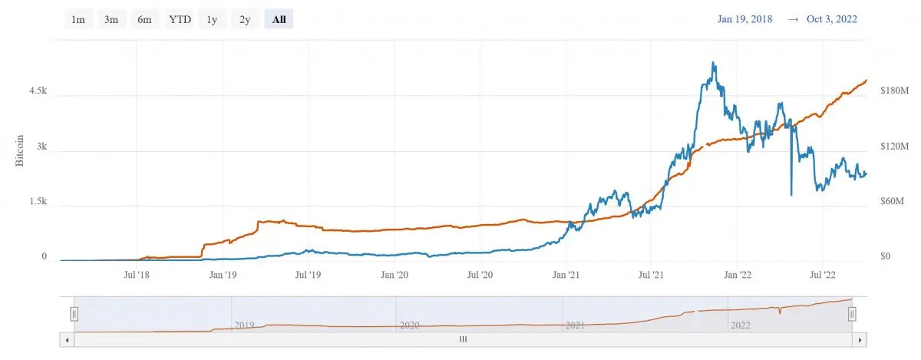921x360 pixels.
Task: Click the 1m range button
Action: (x=78, y=19)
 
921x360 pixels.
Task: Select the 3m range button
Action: (x=111, y=19)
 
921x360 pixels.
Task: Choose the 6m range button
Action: (x=144, y=19)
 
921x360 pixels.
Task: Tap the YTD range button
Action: (x=180, y=19)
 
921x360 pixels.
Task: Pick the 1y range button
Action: (x=212, y=19)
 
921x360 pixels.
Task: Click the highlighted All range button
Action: (x=279, y=19)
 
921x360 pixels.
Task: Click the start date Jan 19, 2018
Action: (x=745, y=19)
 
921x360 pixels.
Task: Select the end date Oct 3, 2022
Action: (x=832, y=19)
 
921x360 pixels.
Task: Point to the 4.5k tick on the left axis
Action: (x=38, y=91)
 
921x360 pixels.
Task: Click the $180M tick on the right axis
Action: (x=894, y=91)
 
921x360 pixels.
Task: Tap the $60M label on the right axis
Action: (x=892, y=201)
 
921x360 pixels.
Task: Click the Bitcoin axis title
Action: (x=19, y=150)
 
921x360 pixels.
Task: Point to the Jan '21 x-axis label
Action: (x=566, y=275)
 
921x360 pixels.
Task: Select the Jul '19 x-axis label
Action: (x=308, y=275)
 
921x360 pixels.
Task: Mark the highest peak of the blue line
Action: (x=713, y=62)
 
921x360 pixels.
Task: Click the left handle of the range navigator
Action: (x=74, y=315)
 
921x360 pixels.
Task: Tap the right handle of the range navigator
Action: (x=852, y=315)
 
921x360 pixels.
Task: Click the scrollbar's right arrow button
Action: (x=860, y=340)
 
